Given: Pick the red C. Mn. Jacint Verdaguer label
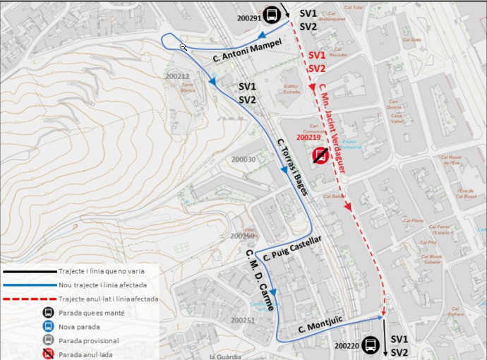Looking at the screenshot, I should coord(336,124).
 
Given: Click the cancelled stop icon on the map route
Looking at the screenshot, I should coord(320,155).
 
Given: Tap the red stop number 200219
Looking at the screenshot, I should coord(308,138).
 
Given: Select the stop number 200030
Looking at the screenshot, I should coord(243,160).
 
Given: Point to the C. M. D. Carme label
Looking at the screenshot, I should coord(259,275).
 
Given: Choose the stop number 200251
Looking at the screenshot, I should coord(242,320).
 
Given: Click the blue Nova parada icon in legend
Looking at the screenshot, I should coord(48,327).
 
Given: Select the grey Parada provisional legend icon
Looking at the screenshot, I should coord(48,340).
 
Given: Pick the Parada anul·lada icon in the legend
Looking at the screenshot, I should coord(48,354).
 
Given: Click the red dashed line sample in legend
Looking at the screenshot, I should coord(28,299).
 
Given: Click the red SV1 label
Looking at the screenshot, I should coord(317,55).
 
